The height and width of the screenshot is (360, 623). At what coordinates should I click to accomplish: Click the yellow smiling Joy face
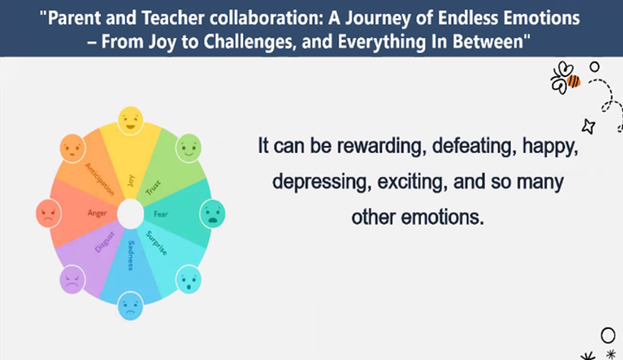130,120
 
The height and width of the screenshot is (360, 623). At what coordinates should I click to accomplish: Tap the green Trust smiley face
188,148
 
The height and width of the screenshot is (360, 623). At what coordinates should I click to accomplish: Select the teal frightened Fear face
212,214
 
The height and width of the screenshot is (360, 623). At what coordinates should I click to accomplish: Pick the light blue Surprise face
188,279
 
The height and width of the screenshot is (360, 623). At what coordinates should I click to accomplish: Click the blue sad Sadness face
130,305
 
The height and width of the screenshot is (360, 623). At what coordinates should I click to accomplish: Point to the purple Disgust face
72,279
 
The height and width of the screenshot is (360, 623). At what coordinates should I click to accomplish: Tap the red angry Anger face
48,213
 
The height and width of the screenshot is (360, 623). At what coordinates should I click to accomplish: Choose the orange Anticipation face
72,148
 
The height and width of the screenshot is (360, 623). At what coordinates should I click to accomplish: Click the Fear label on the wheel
161,214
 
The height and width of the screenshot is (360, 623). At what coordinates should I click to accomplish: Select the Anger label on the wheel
97,213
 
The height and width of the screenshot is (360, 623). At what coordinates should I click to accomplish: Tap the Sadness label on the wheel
131,255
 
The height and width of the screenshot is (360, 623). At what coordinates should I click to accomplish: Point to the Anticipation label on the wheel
99,179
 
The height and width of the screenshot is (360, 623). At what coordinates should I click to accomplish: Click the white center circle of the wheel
130,214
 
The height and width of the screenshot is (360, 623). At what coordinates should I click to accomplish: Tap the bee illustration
565,78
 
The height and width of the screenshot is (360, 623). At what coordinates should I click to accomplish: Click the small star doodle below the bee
588,126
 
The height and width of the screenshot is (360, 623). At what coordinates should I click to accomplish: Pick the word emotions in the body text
442,217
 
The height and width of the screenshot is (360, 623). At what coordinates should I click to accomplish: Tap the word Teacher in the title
174,18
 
